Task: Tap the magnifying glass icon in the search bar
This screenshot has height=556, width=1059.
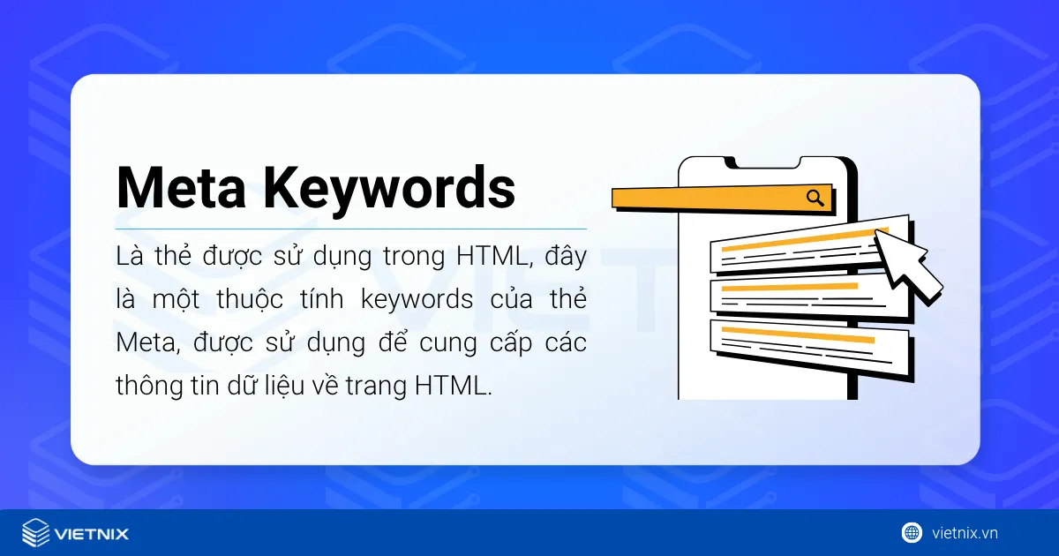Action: [815, 198]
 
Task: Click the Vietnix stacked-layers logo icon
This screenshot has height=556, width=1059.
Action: [36, 533]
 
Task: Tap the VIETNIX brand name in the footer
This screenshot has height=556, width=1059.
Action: [92, 534]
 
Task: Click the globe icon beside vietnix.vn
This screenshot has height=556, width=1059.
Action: [912, 532]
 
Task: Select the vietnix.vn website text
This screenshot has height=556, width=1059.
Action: [965, 533]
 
